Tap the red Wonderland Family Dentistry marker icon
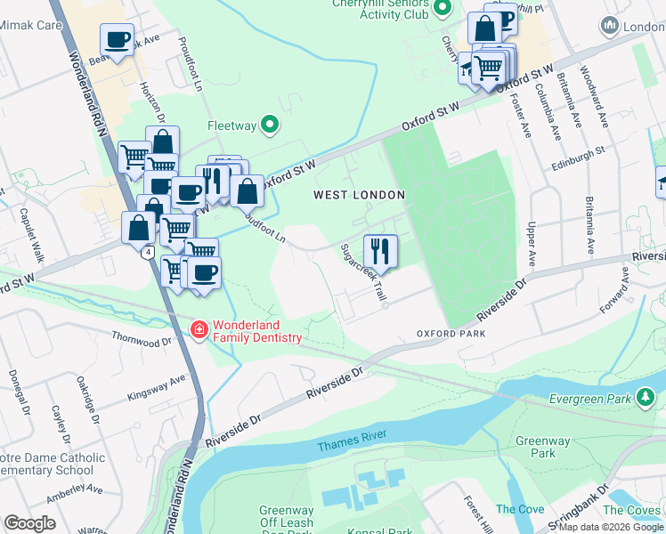click(x=200, y=330)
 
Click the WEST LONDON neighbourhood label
click(x=359, y=194)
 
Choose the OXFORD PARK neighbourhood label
click(x=451, y=333)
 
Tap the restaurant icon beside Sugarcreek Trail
click(x=380, y=249)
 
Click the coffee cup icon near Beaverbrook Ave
click(x=117, y=39)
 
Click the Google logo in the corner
click(x=29, y=523)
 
